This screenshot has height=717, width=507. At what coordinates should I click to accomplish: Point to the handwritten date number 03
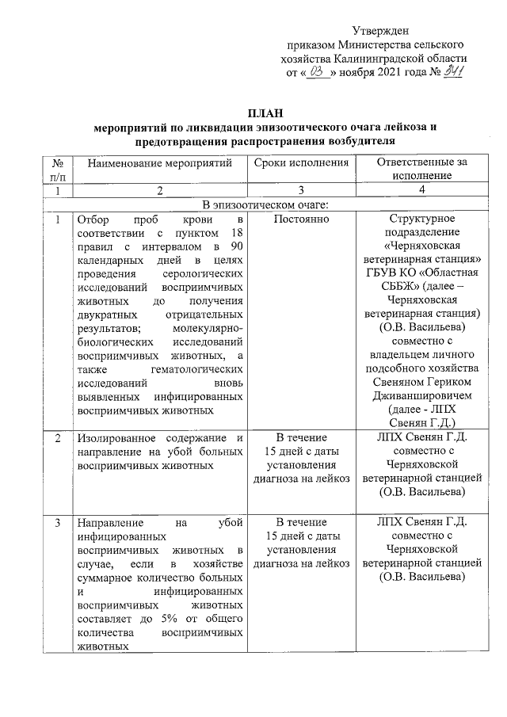[x=318, y=71]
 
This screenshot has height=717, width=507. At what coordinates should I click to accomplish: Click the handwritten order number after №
[x=452, y=71]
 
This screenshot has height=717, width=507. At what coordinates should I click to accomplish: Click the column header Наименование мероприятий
[x=159, y=163]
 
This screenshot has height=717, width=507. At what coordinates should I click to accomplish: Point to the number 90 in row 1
[x=234, y=246]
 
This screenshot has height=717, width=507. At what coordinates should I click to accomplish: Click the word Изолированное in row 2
[x=111, y=438]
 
